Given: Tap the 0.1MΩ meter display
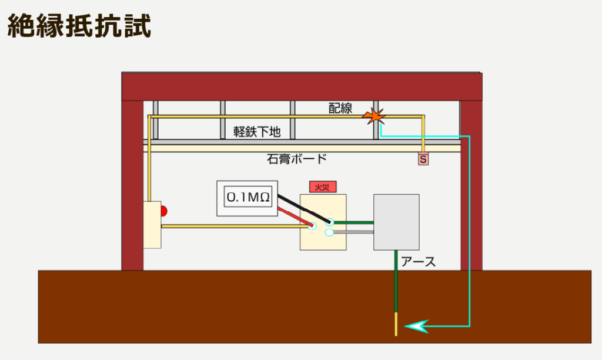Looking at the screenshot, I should [248, 198].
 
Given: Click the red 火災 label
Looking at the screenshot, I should [323, 187].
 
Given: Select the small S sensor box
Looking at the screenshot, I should [423, 159].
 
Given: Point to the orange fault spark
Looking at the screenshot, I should [374, 116].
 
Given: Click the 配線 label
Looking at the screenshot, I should [340, 108].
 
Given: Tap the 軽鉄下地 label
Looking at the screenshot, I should [257, 132].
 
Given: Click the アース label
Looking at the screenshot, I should [419, 262].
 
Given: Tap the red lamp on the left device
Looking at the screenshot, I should [165, 211].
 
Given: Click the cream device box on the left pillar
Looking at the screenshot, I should [152, 224].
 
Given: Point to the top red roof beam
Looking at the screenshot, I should [302, 86].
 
